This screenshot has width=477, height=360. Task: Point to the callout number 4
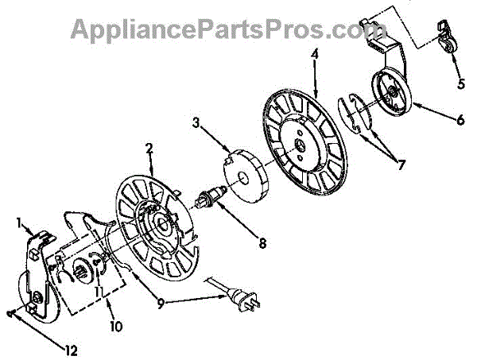(x=315, y=56)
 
